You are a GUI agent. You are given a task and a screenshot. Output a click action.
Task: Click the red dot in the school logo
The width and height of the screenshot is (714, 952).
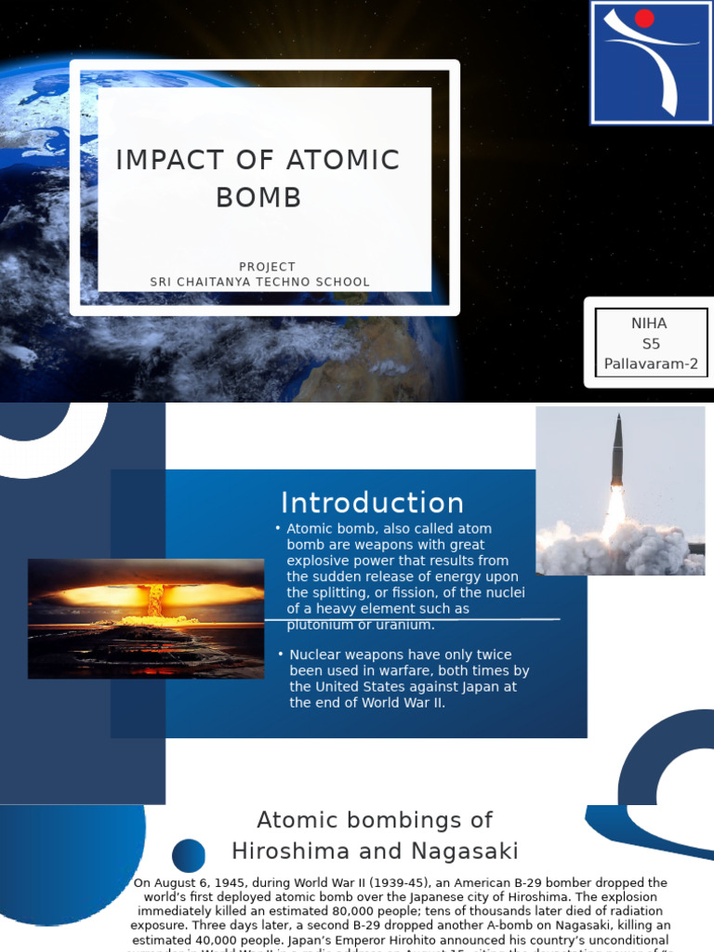click(x=644, y=19)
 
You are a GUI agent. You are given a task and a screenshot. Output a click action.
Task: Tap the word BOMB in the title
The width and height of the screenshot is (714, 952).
click(x=258, y=197)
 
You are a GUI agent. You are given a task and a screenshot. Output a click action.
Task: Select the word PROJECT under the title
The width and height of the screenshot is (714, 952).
click(x=267, y=267)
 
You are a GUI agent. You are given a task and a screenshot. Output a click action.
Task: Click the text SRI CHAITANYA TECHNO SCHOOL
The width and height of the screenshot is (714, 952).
click(x=260, y=282)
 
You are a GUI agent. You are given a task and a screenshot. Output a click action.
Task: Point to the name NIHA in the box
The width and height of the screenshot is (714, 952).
click(x=649, y=324)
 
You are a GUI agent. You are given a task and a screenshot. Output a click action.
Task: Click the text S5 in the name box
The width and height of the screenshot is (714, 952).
click(x=649, y=344)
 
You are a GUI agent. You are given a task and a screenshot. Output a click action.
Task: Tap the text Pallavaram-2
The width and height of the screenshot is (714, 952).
click(x=651, y=364)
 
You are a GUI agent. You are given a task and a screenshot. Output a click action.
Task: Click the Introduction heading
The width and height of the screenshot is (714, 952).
click(x=372, y=503)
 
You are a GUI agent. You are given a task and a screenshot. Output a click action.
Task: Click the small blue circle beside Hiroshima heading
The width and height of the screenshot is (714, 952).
click(x=189, y=855)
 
